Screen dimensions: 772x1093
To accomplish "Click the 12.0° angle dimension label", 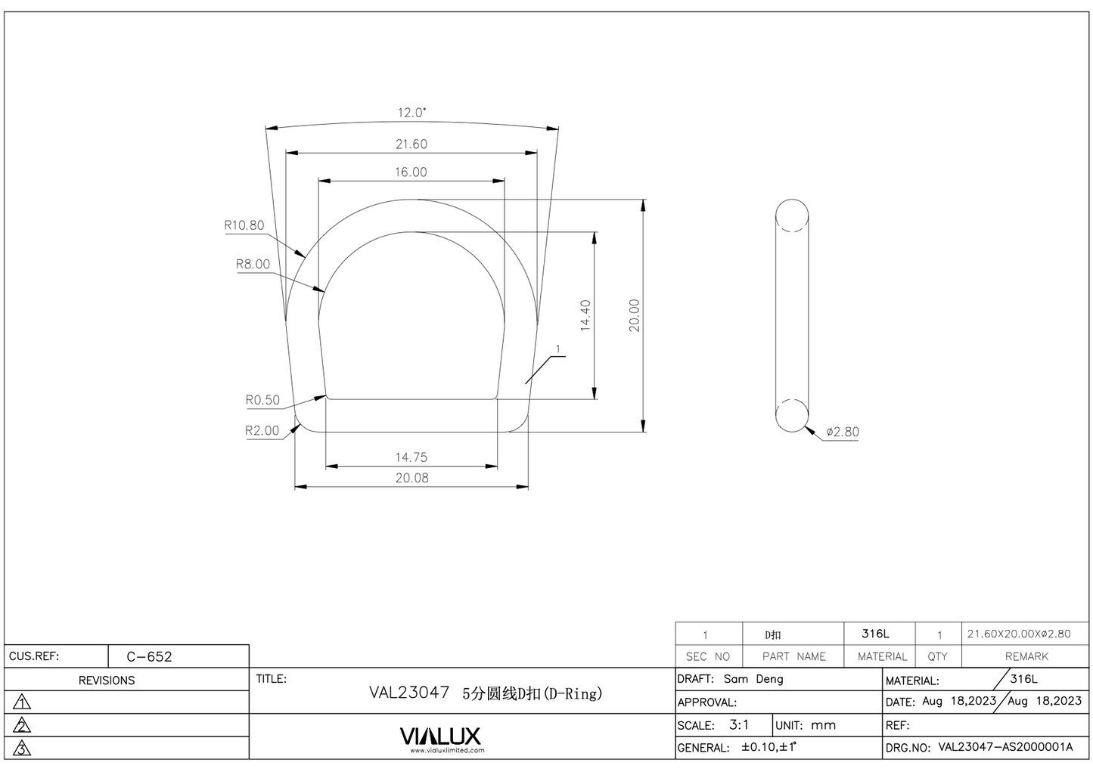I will click(411, 113).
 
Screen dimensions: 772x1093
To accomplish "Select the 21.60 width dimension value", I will click(411, 144).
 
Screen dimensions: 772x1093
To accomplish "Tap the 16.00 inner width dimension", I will click(410, 172).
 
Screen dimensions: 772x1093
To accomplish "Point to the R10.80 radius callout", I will click(244, 225).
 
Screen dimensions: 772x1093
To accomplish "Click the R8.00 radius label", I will click(253, 264).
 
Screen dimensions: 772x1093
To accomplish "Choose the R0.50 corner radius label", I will click(262, 400).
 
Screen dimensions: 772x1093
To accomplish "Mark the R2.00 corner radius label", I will click(262, 430).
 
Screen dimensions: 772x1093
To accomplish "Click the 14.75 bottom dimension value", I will click(411, 457).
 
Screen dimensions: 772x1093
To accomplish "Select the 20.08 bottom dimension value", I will click(411, 478).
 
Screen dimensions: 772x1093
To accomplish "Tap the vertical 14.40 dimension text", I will click(585, 315).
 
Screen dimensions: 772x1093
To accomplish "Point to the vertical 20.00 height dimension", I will click(634, 315).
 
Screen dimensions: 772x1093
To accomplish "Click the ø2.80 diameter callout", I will click(842, 432).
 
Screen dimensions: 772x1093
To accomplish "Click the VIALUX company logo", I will click(439, 736).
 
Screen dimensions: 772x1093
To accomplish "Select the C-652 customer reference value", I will click(149, 656).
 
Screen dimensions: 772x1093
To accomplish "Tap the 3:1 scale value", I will click(739, 724).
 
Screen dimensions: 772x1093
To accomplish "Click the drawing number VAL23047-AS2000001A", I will click(1005, 747).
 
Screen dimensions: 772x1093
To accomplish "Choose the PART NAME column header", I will click(793, 656).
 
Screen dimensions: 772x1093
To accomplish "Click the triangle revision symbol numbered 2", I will click(23, 726).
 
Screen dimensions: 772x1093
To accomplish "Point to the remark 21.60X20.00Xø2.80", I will click(1019, 634).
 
